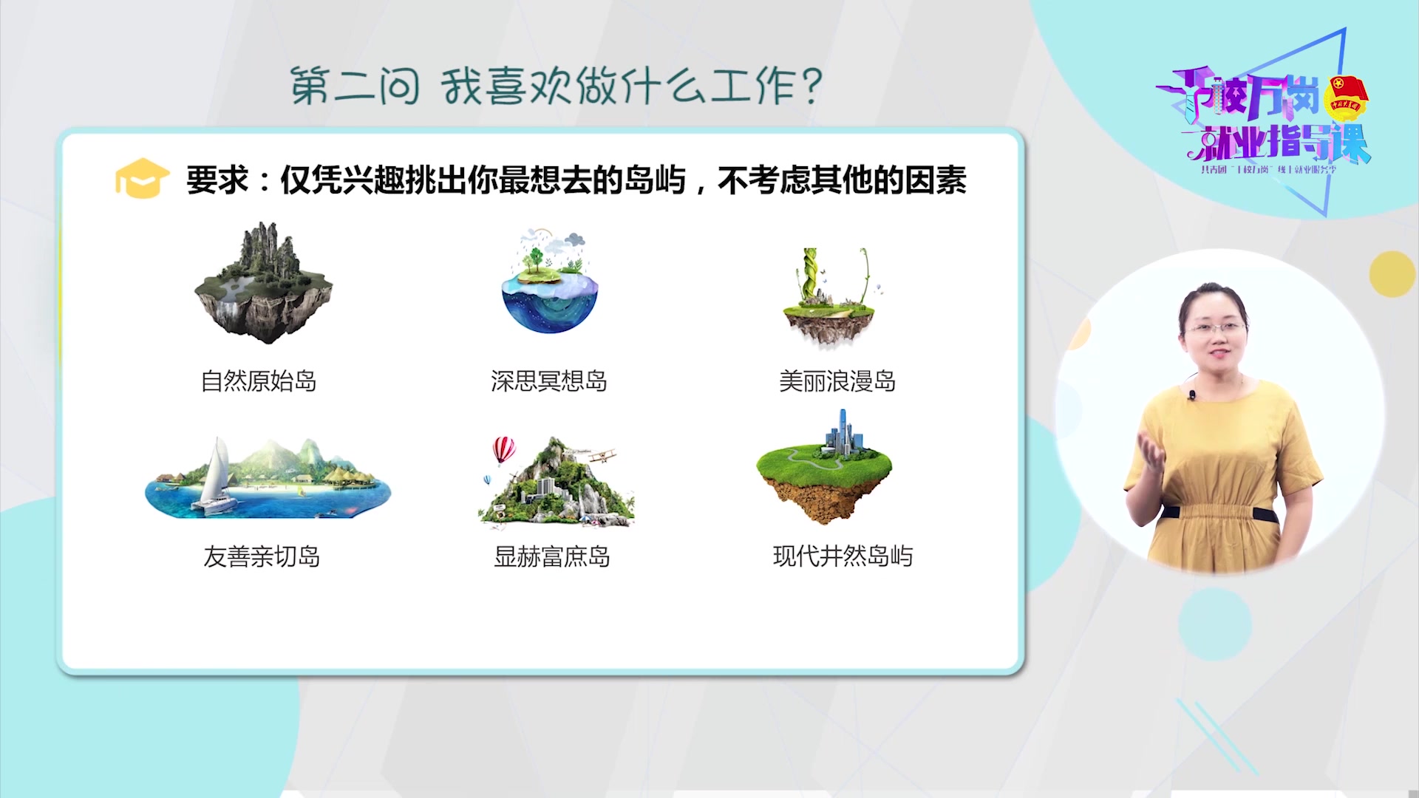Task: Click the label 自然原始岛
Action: [x=259, y=381]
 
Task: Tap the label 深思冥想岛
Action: [x=548, y=381]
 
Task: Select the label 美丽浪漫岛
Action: [x=837, y=381]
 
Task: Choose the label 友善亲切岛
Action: [x=262, y=556]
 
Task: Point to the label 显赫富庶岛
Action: [x=551, y=556]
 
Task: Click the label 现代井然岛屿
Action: [x=843, y=556]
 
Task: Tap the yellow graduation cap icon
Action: [x=142, y=178]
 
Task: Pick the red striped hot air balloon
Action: [x=503, y=449]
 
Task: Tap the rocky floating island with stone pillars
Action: [x=263, y=284]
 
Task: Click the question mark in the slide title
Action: [x=811, y=85]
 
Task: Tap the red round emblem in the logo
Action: [x=1346, y=98]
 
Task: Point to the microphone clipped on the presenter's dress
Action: [x=1192, y=395]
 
